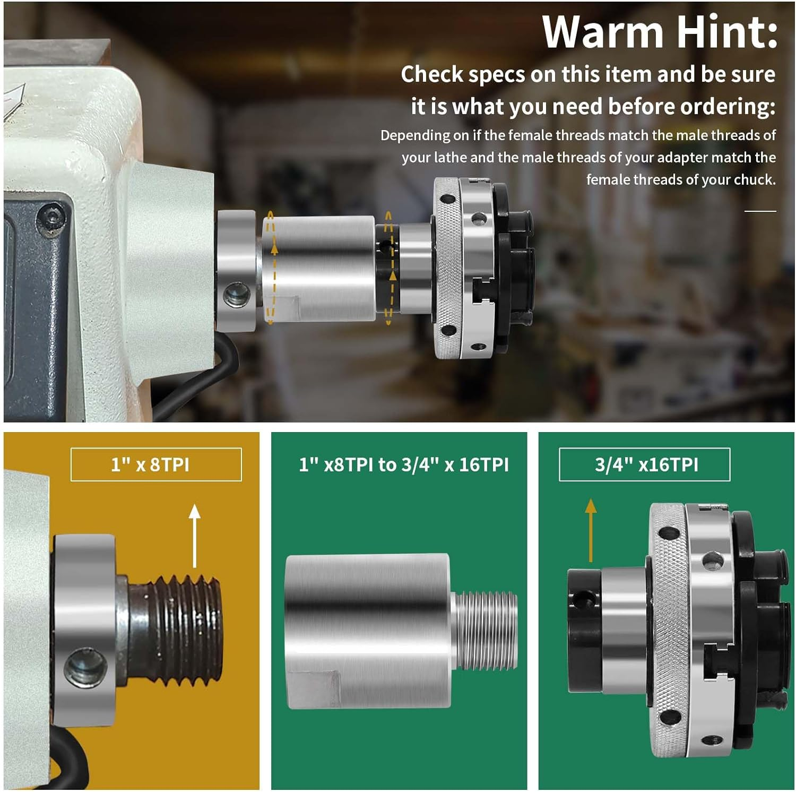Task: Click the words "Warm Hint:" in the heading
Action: click(660, 33)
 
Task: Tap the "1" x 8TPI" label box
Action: click(156, 464)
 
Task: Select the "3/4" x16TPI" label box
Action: click(645, 464)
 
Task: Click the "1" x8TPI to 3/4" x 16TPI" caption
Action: click(403, 465)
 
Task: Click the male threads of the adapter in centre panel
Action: click(486, 630)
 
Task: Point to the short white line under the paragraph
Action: click(760, 211)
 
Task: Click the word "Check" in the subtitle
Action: click(432, 74)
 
